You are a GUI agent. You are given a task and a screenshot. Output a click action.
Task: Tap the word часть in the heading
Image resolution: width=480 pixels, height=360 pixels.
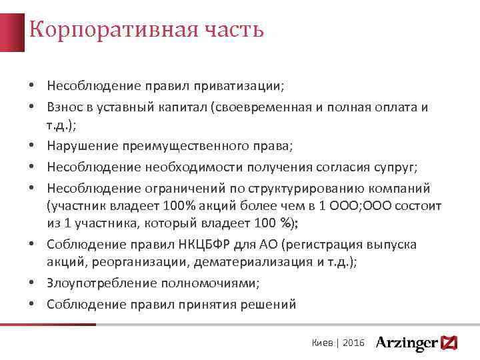point(237,29)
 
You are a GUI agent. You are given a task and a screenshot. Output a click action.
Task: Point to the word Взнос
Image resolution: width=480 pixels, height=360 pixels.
point(65,107)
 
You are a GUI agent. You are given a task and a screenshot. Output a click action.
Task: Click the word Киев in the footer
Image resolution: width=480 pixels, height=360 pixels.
point(323,343)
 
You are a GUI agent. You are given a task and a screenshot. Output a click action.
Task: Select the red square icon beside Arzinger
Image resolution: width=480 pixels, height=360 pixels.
point(449,343)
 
